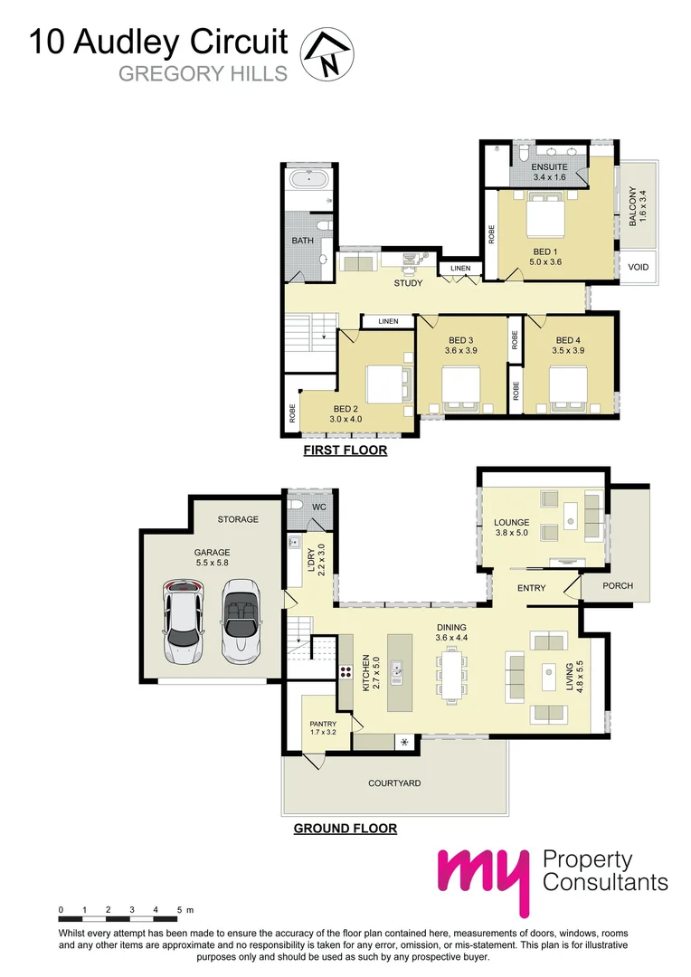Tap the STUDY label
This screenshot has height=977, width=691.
coord(408,284)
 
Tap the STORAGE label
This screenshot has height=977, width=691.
coord(238,519)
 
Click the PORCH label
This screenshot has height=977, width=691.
coord(619,586)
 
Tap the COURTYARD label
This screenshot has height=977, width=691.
coord(394,783)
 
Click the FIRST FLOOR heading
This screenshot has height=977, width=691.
coord(345,450)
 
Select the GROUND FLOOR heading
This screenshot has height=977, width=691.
coord(345,828)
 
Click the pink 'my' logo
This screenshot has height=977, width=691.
coord(483,879)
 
